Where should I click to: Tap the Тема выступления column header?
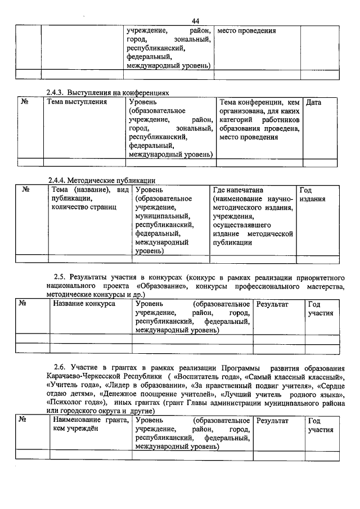tap(76, 102)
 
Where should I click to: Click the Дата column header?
tap(314, 102)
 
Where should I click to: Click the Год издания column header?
tap(312, 195)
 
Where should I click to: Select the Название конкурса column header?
tap(84, 304)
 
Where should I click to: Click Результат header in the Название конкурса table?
tap(272, 304)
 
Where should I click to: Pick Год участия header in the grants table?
tap(320, 425)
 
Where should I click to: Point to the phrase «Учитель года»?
tap(71, 385)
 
